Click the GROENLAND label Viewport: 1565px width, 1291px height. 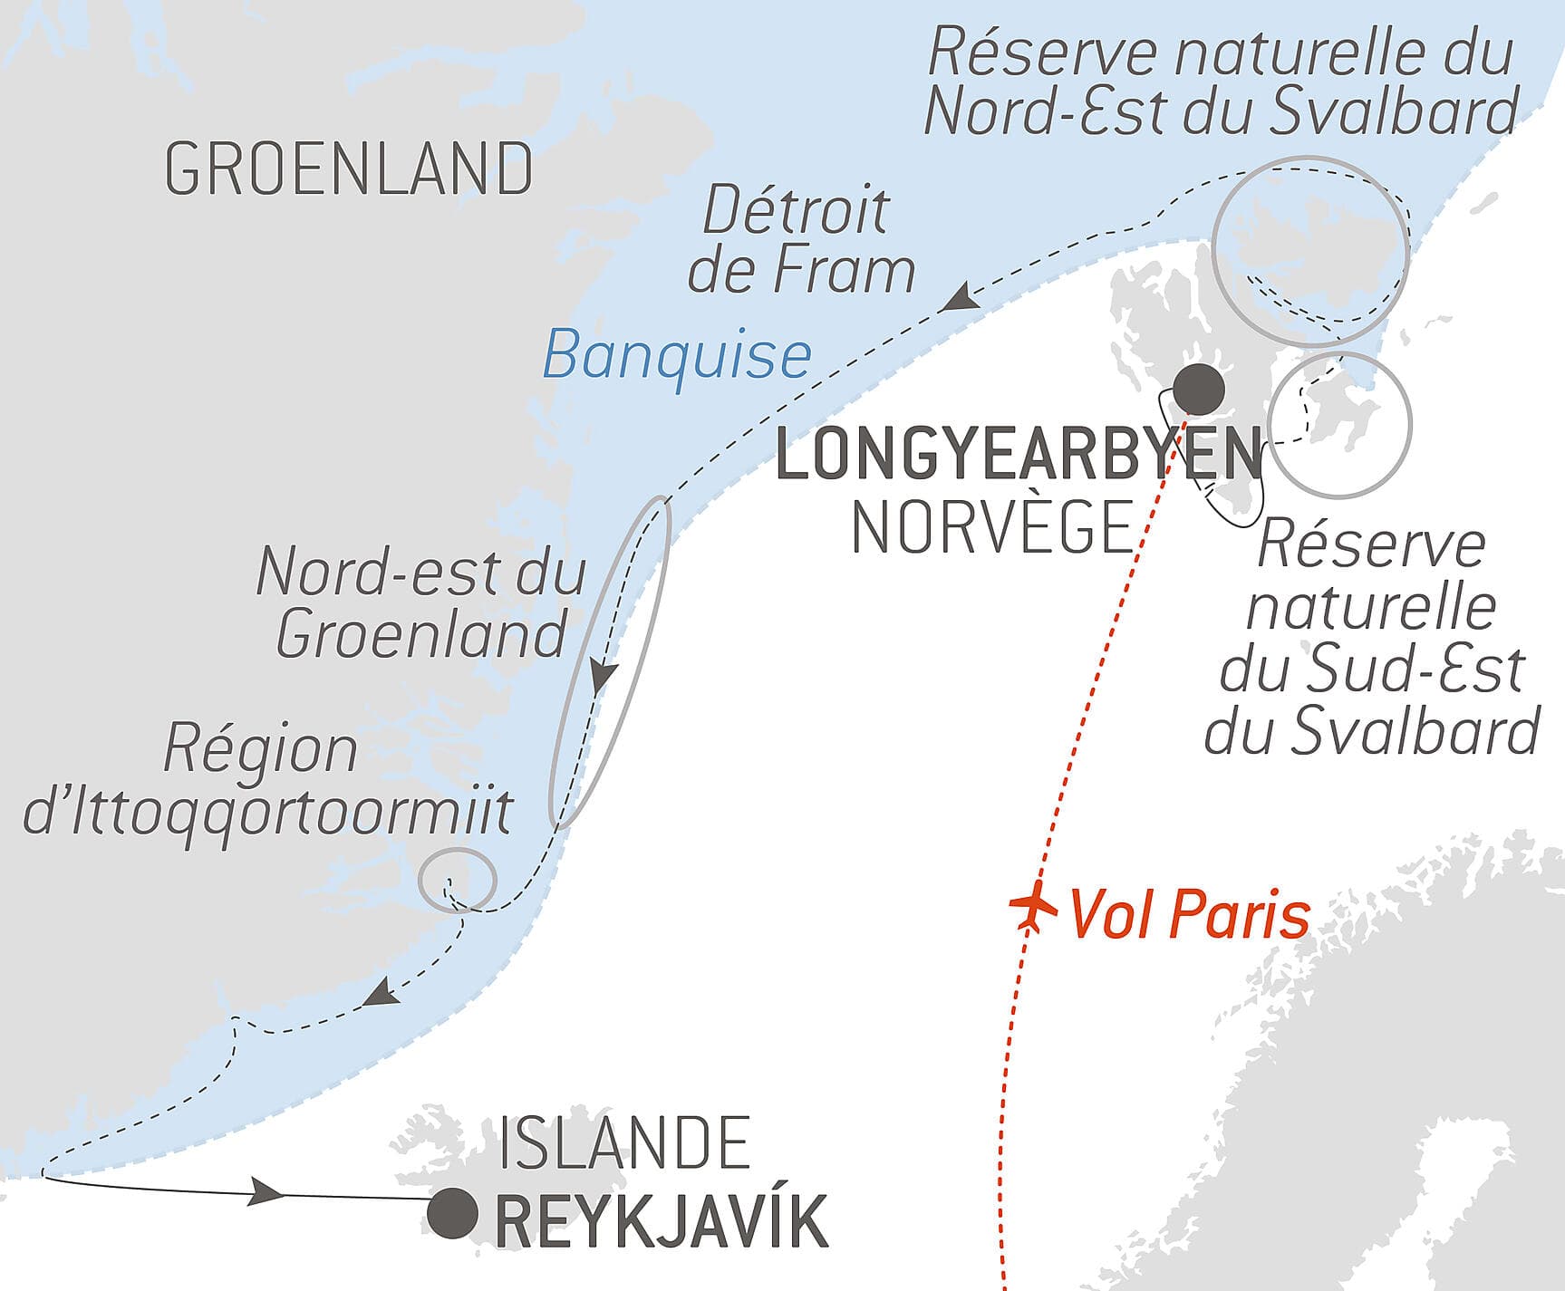(349, 169)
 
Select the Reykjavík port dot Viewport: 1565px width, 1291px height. (452, 1213)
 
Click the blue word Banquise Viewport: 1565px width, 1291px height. (676, 354)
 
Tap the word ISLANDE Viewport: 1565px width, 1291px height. (624, 1143)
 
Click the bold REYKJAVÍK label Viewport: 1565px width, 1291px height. (662, 1221)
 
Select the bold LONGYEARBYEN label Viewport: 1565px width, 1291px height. (1019, 455)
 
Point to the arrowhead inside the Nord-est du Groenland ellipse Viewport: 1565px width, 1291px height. (603, 677)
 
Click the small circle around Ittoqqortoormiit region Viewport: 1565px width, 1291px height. (458, 878)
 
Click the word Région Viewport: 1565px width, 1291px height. (261, 750)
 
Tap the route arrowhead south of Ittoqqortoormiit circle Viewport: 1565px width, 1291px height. (381, 992)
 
